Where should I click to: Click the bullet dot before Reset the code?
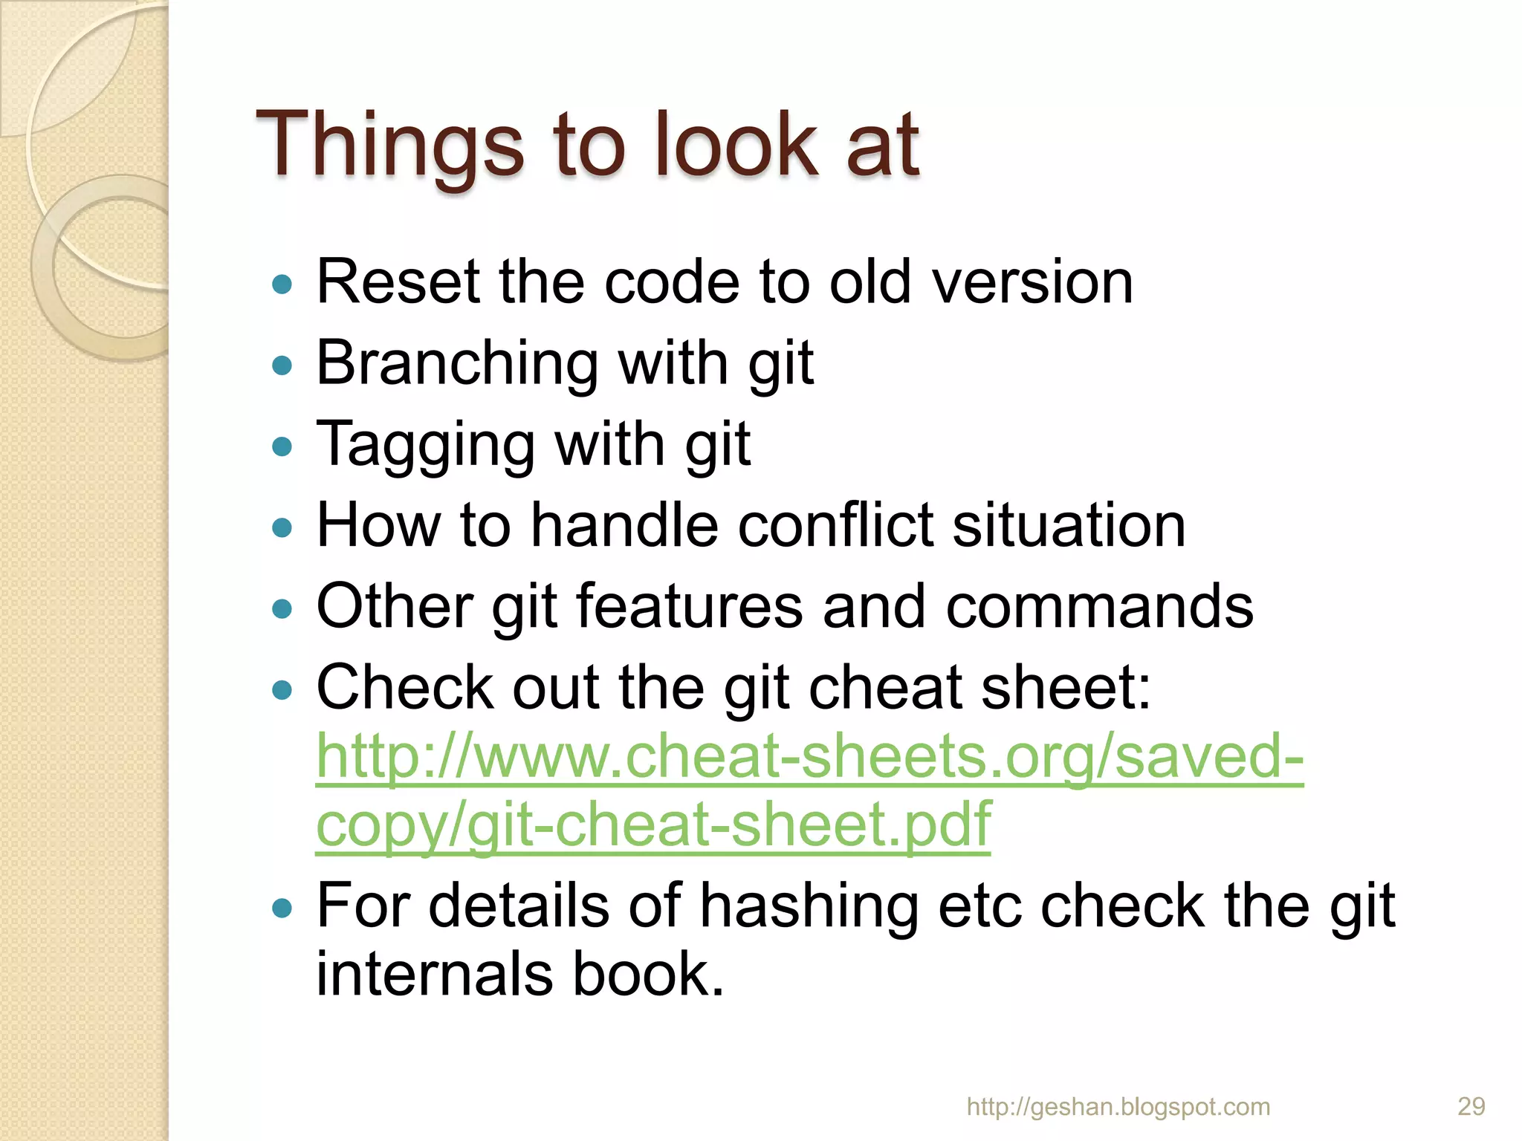pos(282,285)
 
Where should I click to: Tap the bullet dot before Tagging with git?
pos(282,446)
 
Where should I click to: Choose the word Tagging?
pos(425,446)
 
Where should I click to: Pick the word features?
pos(689,607)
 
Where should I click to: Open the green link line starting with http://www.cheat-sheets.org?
pos(809,757)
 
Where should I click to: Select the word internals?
pos(434,974)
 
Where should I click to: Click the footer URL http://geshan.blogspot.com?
pos(1118,1107)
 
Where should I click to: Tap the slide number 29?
pos(1471,1107)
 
